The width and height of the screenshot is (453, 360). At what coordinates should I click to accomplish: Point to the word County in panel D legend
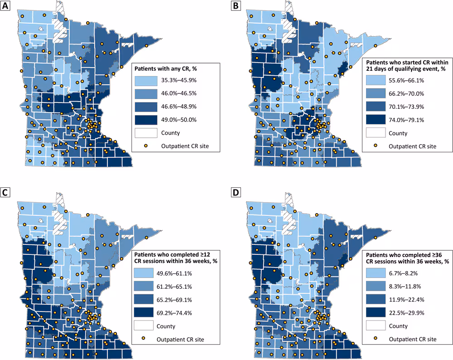click(398, 326)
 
